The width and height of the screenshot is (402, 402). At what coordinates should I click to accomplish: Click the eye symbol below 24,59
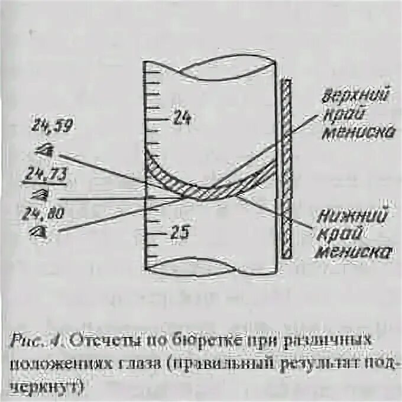tap(44, 150)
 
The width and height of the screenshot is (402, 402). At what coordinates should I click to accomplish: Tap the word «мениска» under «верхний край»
tap(359, 133)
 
